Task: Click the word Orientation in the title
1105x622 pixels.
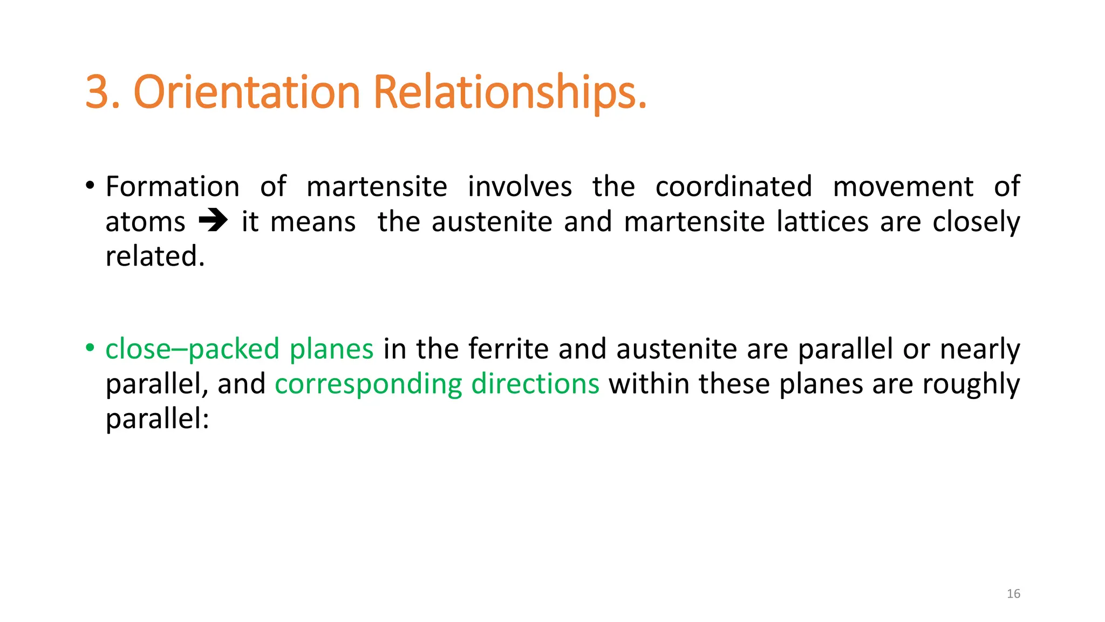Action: pyautogui.click(x=247, y=92)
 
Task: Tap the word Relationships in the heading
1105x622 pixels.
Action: pyautogui.click(x=509, y=92)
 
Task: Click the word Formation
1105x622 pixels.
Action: pyautogui.click(x=172, y=187)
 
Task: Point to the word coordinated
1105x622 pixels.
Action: pyautogui.click(x=734, y=187)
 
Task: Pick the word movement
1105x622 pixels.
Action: pyautogui.click(x=903, y=187)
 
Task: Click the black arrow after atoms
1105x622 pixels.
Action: pyautogui.click(x=213, y=221)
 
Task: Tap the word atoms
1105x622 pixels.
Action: pyautogui.click(x=145, y=222)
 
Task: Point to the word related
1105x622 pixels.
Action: pyautogui.click(x=155, y=256)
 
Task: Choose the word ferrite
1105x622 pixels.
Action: pyautogui.click(x=508, y=348)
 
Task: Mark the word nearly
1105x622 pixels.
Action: pyautogui.click(x=980, y=349)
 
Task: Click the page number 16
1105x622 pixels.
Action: pyautogui.click(x=1013, y=594)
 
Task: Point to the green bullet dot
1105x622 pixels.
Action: pyautogui.click(x=90, y=347)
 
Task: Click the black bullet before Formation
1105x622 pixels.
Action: pyautogui.click(x=90, y=186)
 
